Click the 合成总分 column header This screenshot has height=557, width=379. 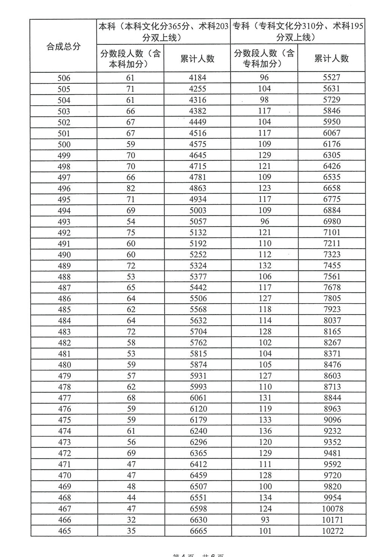tap(63, 46)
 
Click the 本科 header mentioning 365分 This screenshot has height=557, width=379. tap(163, 32)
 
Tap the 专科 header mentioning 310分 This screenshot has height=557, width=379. tap(298, 32)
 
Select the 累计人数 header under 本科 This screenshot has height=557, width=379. tap(197, 58)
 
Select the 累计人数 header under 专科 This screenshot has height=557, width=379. tap(332, 58)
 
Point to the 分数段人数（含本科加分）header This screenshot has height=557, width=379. tap(130, 58)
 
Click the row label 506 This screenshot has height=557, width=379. tap(64, 78)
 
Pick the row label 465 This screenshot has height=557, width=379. tap(64, 531)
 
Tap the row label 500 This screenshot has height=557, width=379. tap(64, 144)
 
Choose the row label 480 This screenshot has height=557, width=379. tap(64, 365)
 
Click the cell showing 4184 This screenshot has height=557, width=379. tap(198, 78)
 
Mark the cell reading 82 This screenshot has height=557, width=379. tap(131, 188)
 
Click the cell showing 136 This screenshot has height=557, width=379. tap(265, 431)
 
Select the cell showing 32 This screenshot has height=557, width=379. tap(131, 520)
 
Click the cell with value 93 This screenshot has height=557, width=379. tap(265, 519)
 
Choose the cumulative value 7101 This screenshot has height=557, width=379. tap(332, 232)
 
